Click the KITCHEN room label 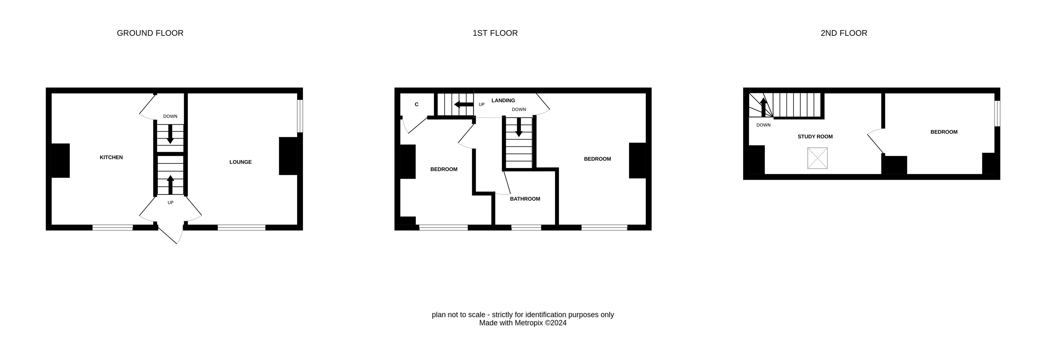tap(111, 157)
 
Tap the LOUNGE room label tap(240, 162)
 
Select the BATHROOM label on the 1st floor tap(525, 199)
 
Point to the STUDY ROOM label tap(815, 137)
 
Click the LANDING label tap(503, 101)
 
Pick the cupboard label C tap(417, 105)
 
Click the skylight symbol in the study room tap(818, 158)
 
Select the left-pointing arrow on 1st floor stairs tap(464, 105)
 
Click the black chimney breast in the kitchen tap(61, 161)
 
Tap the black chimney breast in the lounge tap(288, 156)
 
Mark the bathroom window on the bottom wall tap(526, 228)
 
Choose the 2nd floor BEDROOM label tap(944, 132)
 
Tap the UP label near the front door tap(171, 203)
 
